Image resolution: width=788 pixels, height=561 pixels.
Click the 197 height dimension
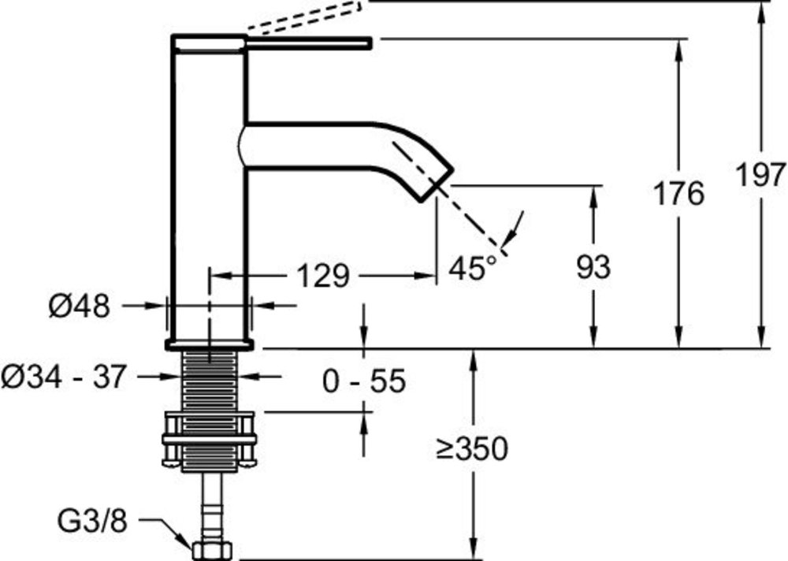click(x=760, y=175)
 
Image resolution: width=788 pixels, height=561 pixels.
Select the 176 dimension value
click(x=678, y=194)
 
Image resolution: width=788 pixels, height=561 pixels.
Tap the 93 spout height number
click(x=593, y=267)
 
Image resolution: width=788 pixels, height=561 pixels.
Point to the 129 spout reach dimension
click(x=323, y=276)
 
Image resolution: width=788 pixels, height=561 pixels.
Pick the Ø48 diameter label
click(x=79, y=306)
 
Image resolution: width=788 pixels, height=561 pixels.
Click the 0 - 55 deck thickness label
click(x=363, y=381)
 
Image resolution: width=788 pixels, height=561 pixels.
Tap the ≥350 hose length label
click(x=472, y=448)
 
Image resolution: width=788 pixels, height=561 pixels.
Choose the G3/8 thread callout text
click(x=92, y=522)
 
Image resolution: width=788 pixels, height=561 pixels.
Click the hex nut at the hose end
click(x=211, y=550)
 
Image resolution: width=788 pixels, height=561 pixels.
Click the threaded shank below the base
click(x=209, y=381)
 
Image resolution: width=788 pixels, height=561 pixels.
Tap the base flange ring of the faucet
click(x=209, y=345)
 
